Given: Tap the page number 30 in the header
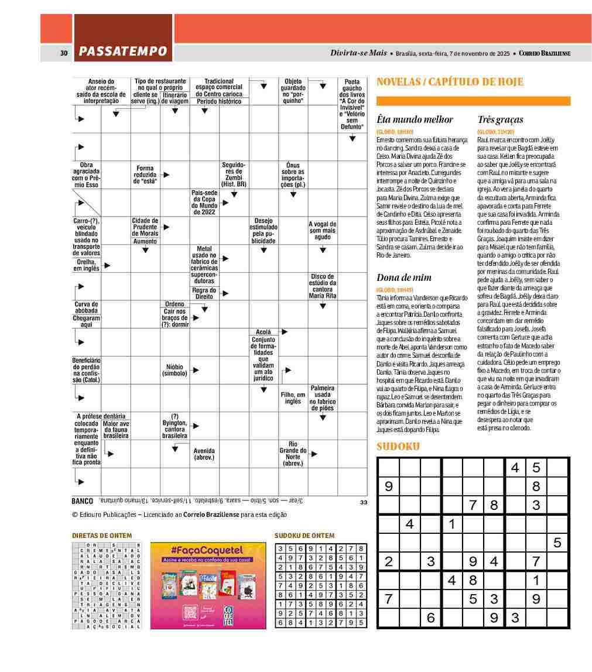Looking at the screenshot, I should (64, 53).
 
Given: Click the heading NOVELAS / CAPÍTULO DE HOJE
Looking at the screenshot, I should (450, 82).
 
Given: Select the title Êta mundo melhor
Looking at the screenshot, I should (415, 119).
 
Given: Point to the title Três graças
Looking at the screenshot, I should (500, 119).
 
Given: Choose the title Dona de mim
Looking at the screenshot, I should (403, 277).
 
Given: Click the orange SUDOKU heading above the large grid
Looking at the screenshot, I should (398, 447).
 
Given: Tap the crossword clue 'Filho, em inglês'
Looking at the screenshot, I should (293, 398).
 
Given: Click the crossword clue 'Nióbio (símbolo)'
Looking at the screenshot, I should (175, 370).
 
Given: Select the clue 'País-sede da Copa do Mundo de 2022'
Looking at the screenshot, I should (204, 203).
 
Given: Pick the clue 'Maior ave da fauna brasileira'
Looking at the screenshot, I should (116, 430).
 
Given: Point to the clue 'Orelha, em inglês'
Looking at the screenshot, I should (86, 265).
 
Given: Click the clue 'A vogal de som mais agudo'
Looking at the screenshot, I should (322, 231).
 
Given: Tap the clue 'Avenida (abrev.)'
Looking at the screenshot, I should (204, 454).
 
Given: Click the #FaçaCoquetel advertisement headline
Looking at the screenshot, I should (207, 550).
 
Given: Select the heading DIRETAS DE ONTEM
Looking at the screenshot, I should (102, 536).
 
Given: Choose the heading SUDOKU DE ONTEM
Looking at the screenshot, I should (304, 536).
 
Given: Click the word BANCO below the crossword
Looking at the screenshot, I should (83, 501).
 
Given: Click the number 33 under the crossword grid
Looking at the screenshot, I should (363, 502).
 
